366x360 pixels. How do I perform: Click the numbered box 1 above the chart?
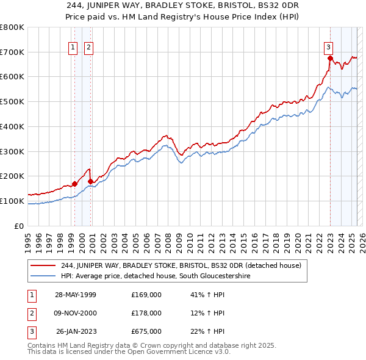click(73, 47)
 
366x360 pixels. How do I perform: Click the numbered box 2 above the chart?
click(88, 47)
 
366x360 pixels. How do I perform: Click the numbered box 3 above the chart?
click(328, 47)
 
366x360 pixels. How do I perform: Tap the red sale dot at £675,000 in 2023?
click(330, 59)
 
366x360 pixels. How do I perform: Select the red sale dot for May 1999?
click(74, 184)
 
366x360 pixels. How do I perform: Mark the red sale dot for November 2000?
click(90, 181)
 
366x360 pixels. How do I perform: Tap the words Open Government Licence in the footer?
click(177, 353)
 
